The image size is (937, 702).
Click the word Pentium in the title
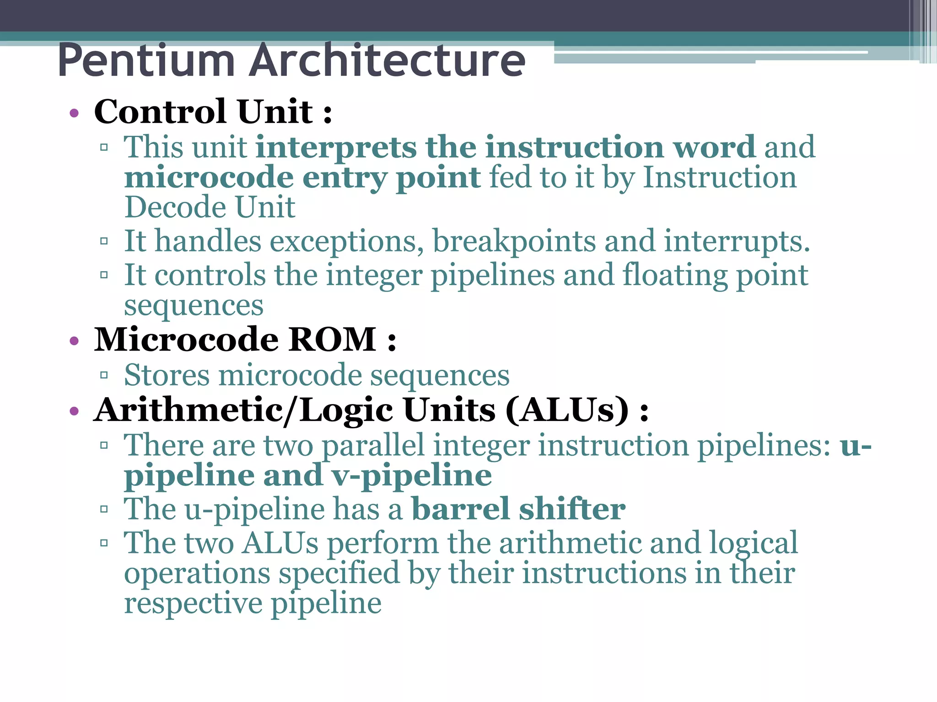coord(146,60)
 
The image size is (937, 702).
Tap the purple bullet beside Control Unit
coord(74,113)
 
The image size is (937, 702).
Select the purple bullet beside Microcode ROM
coord(74,341)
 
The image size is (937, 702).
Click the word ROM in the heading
coord(333,340)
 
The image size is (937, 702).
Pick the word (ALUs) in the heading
coord(567,410)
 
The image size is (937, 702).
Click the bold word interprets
coord(336,148)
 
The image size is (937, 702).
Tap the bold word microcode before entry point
coord(209,177)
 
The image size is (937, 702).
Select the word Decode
coord(175,207)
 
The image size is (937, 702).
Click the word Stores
coord(167,376)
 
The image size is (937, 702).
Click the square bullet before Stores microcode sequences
coord(104,376)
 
